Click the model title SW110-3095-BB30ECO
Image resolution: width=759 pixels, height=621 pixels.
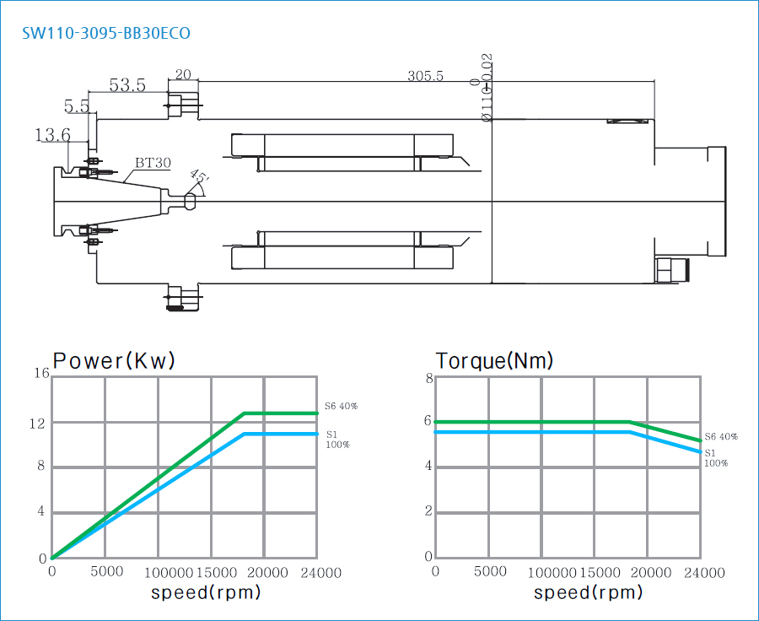click(106, 34)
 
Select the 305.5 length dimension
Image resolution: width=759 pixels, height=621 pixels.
click(425, 76)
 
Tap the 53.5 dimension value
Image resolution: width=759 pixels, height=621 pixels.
click(127, 85)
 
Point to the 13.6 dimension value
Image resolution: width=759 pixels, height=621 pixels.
click(52, 135)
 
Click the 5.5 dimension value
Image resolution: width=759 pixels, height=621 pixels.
click(77, 106)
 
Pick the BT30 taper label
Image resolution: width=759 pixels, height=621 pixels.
click(153, 163)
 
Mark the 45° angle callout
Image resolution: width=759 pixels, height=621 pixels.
click(199, 176)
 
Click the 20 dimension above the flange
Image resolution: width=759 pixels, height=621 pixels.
click(183, 74)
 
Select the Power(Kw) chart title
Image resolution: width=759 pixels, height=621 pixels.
click(114, 361)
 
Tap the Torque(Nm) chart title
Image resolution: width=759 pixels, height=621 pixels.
click(494, 361)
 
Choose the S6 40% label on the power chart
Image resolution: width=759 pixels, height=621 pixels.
click(342, 406)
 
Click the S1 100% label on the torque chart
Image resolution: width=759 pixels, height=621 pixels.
click(715, 457)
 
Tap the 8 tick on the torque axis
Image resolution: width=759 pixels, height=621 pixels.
click(428, 379)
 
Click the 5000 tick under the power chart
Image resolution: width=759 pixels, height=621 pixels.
click(107, 572)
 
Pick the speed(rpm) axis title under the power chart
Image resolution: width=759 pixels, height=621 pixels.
click(206, 592)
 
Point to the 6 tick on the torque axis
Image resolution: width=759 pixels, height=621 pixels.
click(428, 421)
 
